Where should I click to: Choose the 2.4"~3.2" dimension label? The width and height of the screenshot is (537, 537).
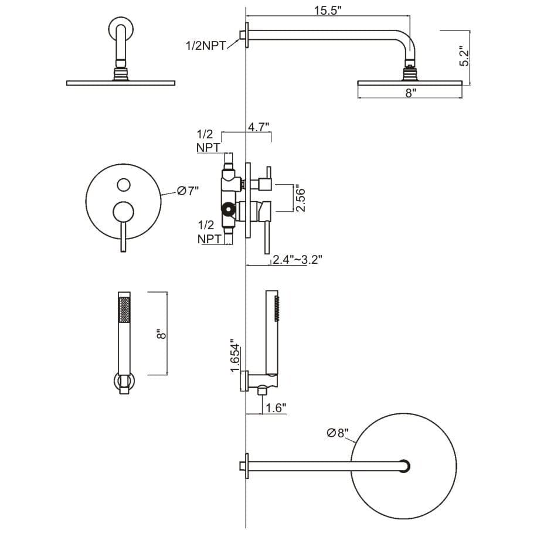point(297,259)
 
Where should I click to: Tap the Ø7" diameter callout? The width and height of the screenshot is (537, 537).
point(189,191)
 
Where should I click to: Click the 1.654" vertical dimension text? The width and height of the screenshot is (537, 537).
point(235,356)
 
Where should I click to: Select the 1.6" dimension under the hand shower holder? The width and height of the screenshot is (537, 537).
point(276,407)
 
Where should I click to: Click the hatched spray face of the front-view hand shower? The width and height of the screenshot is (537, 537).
point(124,309)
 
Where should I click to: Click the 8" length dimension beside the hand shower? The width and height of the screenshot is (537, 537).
point(163,334)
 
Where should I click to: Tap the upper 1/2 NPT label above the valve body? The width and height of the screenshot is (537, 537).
point(205,141)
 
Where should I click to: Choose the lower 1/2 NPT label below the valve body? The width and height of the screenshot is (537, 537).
point(205,231)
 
